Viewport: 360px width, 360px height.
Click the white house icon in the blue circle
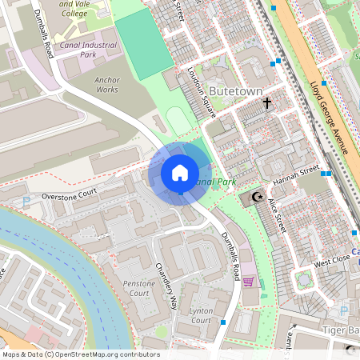[180, 173]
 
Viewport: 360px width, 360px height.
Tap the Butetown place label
[235, 91]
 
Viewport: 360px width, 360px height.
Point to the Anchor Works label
[106, 85]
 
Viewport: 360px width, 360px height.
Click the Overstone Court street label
[69, 194]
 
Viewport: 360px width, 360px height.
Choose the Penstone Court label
[135, 289]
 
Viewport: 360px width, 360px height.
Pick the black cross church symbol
[267, 103]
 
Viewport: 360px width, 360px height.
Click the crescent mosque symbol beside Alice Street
[258, 197]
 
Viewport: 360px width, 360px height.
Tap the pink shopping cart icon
[248, 281]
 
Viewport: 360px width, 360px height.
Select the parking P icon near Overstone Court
[26, 201]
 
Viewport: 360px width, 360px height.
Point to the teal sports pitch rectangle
[145, 45]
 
